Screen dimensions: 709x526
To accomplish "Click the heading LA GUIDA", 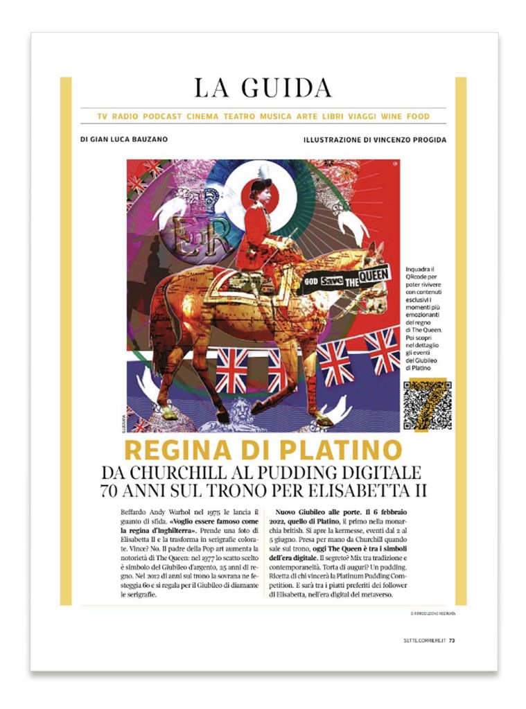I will tap(263, 88).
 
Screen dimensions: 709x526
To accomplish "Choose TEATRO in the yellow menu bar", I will tap(239, 116).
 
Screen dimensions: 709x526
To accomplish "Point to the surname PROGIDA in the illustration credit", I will tap(425, 139).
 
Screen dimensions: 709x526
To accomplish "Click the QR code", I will tap(427, 405).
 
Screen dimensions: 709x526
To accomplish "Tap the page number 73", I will tap(452, 640).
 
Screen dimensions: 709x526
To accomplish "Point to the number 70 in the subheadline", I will tap(112, 490).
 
